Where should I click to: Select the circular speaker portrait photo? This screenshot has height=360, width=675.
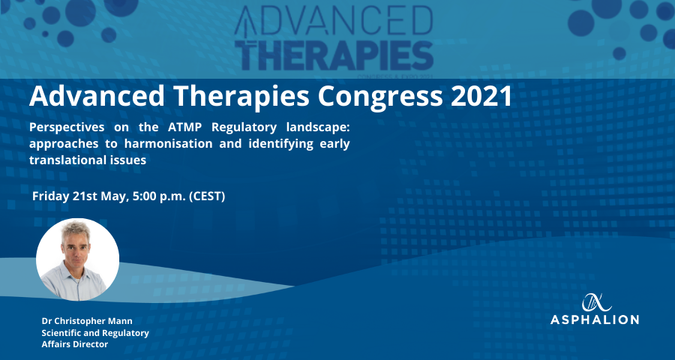[77, 259]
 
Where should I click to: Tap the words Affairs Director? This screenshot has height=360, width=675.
[74, 344]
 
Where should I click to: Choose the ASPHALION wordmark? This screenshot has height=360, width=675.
[595, 319]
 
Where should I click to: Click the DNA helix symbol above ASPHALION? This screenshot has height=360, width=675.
[597, 302]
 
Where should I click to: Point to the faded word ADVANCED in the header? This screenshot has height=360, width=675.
[334, 22]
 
